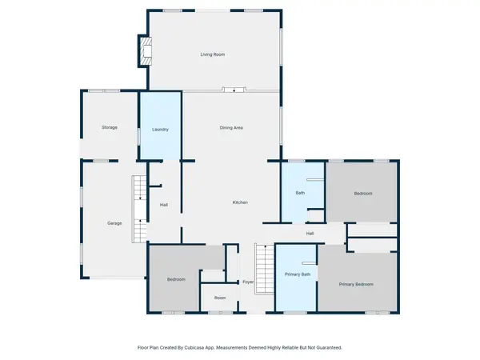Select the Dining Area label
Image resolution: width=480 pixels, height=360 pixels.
[x=231, y=127]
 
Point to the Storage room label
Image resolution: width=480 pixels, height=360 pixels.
[x=110, y=127]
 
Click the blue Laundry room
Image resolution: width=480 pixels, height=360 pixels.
[x=160, y=129]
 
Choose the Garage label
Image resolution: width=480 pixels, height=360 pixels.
[x=114, y=222]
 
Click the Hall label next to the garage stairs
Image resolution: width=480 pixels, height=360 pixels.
[x=163, y=206]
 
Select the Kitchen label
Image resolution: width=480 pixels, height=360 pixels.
[x=240, y=202]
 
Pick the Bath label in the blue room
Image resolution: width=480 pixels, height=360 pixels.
[x=300, y=193]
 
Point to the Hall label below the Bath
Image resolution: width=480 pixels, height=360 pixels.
[x=309, y=233]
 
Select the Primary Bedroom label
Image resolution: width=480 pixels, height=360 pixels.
[x=356, y=284]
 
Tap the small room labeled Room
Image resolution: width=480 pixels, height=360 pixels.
[x=220, y=298]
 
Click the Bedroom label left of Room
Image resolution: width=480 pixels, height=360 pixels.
[x=176, y=279]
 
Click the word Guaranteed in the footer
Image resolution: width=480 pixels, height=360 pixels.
[x=326, y=348]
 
